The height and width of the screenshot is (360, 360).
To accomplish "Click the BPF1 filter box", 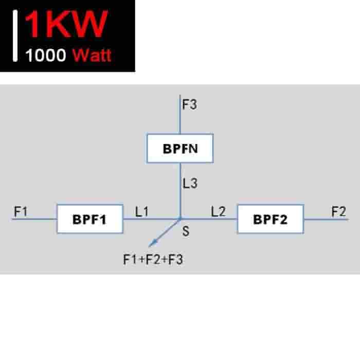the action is point(90,219).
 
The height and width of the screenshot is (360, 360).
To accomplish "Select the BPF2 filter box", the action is point(271,219).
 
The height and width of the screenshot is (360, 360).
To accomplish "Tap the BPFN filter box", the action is point(180,148).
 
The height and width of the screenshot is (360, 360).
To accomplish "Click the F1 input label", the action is point(21,211).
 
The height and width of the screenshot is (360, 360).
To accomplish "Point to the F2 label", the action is point(338,211).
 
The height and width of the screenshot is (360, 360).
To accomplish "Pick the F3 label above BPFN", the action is point(190,104).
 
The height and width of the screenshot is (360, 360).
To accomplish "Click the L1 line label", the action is point(142,211).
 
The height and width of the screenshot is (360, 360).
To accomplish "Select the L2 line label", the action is point(219,211).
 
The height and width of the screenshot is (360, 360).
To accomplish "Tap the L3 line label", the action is point(190,184).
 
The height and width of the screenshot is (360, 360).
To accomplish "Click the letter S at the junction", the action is point(186,231).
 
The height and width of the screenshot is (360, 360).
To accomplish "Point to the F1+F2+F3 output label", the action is point(153,260).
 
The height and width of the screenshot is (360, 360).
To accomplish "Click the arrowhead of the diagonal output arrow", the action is point(152,243).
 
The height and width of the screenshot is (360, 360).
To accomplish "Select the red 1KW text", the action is point(66,24).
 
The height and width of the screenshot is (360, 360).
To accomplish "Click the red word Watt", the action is point(92,55).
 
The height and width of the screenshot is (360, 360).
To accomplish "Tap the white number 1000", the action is point(46,56).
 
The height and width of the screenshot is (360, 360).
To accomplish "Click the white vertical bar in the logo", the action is point(15,36).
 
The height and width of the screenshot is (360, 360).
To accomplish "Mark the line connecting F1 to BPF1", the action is point(34,219).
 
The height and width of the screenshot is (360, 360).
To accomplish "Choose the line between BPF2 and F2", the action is point(327,220).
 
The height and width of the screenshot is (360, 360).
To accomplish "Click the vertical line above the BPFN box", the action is point(180,114).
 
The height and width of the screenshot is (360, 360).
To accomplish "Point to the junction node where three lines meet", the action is point(180,219).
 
